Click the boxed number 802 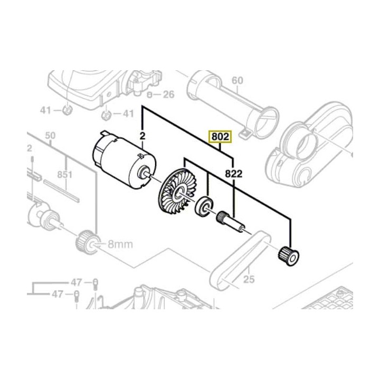coord(220,137)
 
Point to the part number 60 coord(237,81)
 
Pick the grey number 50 coord(50,136)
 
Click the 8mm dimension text coord(120,244)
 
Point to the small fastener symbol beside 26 coord(150,95)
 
